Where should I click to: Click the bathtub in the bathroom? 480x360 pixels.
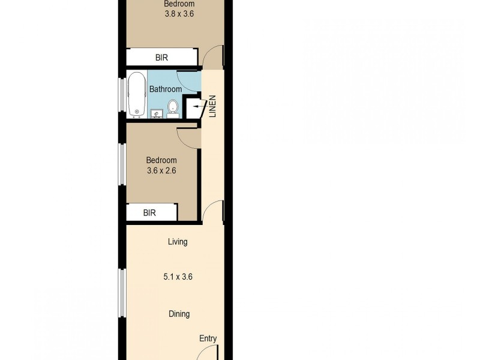click(x=136, y=94)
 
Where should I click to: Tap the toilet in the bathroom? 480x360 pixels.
click(x=173, y=107)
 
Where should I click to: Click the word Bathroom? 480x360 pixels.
click(x=166, y=89)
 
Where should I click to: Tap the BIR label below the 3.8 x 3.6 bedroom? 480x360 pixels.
click(x=161, y=58)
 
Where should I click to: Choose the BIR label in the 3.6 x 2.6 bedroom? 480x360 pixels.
click(x=149, y=212)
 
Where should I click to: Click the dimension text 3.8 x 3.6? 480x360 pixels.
click(x=179, y=14)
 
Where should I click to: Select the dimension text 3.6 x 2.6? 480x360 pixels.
click(x=161, y=171)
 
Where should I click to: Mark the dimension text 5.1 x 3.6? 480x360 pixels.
click(x=178, y=277)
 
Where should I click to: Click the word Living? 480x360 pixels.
click(x=178, y=242)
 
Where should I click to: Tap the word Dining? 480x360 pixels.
click(x=179, y=314)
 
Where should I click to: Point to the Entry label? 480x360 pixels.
click(x=208, y=338)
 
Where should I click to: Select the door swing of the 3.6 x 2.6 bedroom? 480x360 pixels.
click(x=188, y=137)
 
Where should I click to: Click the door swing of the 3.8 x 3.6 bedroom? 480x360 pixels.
click(x=213, y=57)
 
